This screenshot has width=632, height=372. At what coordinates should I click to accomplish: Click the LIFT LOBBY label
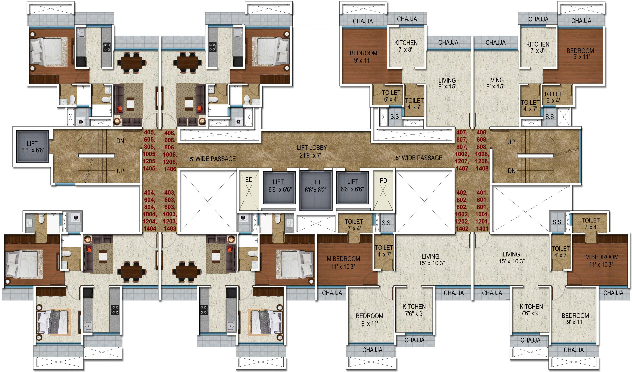pos(312,148)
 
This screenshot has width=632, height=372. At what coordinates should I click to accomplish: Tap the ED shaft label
pos(249,180)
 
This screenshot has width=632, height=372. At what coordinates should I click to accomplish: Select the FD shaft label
pos(383,180)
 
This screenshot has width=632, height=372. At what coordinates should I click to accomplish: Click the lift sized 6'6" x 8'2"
pos(316,190)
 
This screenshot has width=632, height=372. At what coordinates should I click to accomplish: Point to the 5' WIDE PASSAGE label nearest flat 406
pos(213,159)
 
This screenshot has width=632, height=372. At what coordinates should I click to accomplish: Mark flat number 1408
pos(482,169)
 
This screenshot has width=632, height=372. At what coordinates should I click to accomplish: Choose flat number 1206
pos(170,162)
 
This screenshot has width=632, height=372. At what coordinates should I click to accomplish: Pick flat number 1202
pos(462,222)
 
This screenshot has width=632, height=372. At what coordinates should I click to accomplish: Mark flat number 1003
pos(170,214)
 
